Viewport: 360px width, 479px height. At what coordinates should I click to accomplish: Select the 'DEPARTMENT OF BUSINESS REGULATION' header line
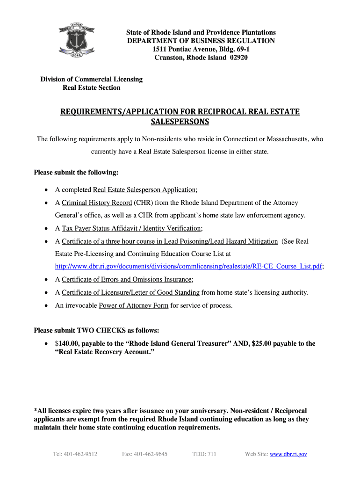[x=201, y=41]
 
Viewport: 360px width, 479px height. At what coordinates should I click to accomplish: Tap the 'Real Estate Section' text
[x=91, y=87]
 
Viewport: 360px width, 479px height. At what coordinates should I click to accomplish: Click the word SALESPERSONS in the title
[x=180, y=122]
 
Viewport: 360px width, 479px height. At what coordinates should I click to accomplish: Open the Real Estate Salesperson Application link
[x=144, y=189]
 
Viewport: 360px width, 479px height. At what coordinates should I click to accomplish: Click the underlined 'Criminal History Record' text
[x=97, y=203]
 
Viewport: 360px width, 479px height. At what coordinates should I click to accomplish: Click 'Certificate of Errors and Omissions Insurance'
[x=126, y=279]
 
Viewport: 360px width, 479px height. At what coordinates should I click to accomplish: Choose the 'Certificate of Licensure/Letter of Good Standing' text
[x=130, y=292]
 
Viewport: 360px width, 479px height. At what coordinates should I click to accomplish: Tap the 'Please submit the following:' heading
[x=76, y=173]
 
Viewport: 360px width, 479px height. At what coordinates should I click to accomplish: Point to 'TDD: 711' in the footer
[x=204, y=454]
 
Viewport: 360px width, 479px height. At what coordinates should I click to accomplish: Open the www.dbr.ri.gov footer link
[x=288, y=454]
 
